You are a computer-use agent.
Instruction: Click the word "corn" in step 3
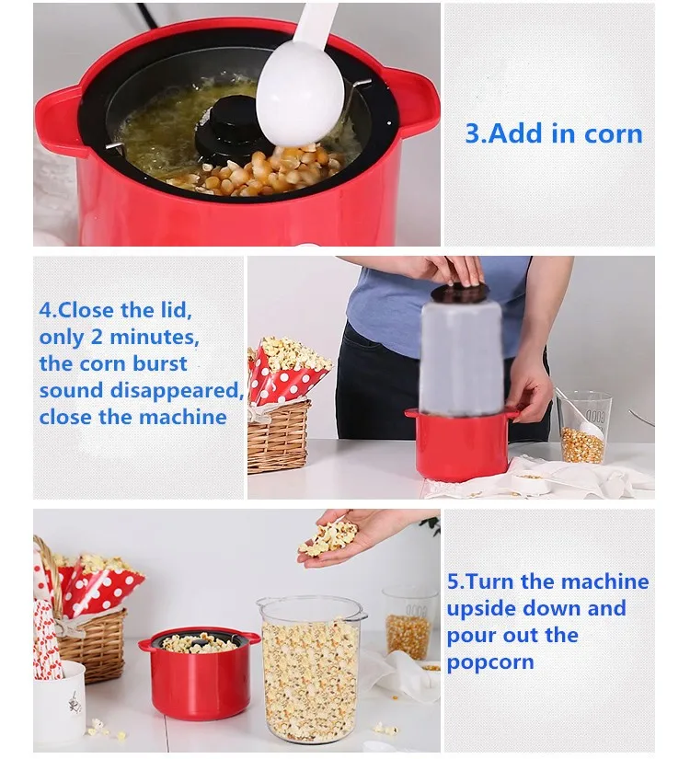[614, 134]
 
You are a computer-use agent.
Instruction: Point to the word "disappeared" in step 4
[177, 391]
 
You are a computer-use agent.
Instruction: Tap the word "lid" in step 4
[176, 310]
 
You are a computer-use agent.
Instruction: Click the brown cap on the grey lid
[459, 292]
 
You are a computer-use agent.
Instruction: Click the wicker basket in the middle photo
[279, 437]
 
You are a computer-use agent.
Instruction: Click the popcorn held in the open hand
[328, 538]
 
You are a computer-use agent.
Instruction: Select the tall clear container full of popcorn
[311, 671]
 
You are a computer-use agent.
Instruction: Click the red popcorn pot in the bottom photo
[199, 673]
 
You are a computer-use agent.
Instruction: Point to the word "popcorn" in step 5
[490, 662]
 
